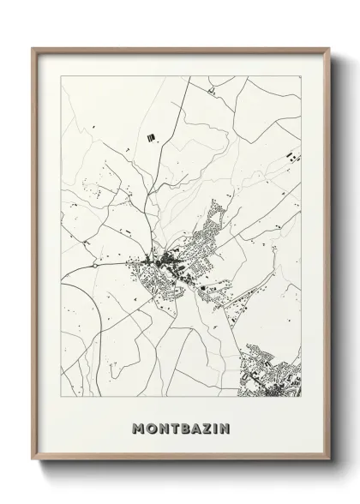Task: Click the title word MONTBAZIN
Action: [180, 426]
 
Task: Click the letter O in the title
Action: [152, 426]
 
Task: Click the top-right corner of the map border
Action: [302, 75]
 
